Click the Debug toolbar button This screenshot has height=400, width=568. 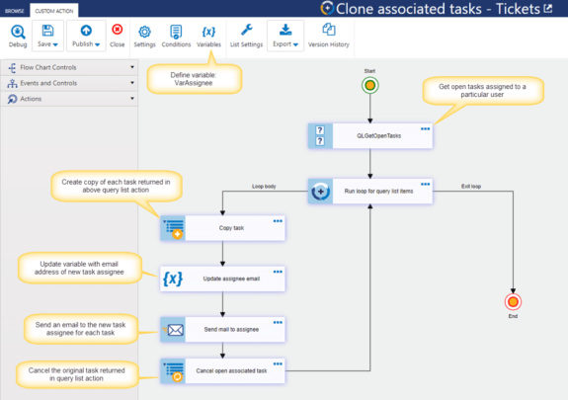point(18,37)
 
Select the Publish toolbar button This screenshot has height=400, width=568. point(87,37)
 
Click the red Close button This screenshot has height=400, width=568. point(118,37)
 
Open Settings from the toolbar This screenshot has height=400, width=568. point(144,37)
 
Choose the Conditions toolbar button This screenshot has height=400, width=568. point(176,37)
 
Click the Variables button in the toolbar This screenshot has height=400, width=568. point(208,37)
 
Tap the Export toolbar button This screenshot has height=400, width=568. point(285,37)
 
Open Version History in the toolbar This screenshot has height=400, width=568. point(330,37)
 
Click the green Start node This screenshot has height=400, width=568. point(370,86)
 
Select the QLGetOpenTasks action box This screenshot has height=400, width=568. point(370,136)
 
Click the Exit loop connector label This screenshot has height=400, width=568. point(472,186)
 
